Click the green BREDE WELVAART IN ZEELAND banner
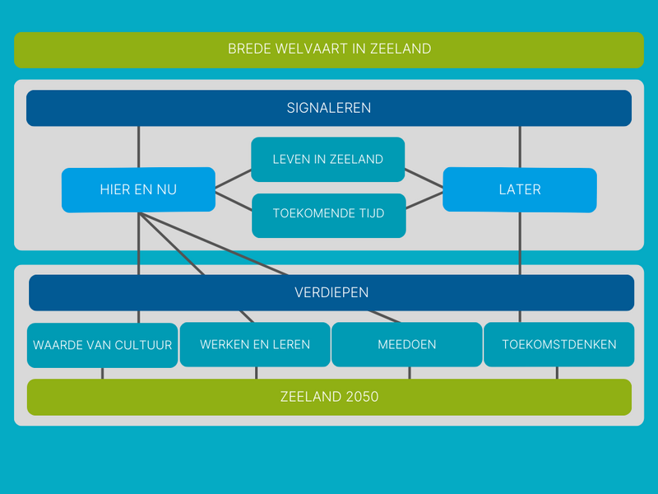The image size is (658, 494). tap(329, 49)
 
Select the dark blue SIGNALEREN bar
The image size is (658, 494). tap(329, 108)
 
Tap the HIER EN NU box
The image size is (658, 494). tap(138, 189)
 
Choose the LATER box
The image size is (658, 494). tap(520, 189)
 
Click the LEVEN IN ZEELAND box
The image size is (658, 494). tap(328, 159)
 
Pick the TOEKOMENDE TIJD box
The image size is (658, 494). tap(328, 214)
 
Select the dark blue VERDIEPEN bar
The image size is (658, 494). tap(331, 292)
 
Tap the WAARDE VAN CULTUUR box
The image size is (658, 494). tap(103, 344)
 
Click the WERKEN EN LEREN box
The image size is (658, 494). tap(255, 344)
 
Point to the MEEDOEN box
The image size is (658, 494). tap(407, 344)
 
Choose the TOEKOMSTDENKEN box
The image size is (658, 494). tap(558, 344)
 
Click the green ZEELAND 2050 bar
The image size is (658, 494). tap(329, 397)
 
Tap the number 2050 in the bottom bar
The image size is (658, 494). tap(363, 397)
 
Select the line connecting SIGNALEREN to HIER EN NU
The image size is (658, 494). tap(138, 147)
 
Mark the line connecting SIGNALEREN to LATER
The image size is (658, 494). tap(520, 147)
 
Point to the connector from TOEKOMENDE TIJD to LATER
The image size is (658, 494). tap(424, 202)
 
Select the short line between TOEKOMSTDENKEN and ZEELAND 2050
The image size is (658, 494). tap(558, 373)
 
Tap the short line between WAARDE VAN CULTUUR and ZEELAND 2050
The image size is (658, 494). tap(103, 373)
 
